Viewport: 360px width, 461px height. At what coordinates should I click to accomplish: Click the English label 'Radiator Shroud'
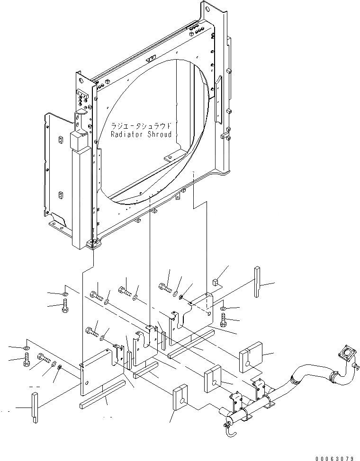[x=141, y=134]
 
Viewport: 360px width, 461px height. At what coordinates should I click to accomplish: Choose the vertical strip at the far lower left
[x=34, y=408]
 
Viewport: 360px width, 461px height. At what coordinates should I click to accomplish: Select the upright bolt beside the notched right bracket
[x=225, y=324]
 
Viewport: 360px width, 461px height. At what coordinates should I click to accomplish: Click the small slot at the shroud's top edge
[x=151, y=59]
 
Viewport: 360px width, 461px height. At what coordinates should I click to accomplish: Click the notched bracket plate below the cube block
[x=194, y=312]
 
